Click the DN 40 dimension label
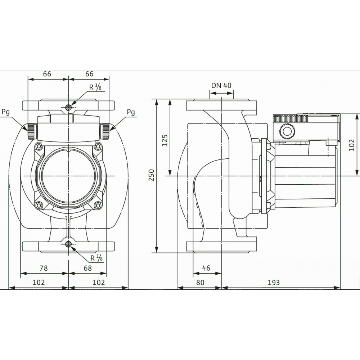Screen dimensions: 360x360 (221, 86)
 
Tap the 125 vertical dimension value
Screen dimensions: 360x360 (165, 140)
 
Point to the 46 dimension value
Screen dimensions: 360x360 (206, 268)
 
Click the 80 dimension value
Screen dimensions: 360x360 (200, 283)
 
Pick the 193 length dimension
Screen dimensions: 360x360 (274, 283)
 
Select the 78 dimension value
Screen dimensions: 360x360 (43, 268)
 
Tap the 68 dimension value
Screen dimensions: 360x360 (87, 268)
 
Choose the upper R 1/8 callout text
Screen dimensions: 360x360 (96, 87)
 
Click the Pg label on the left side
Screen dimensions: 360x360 (6, 112)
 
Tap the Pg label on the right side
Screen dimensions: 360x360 (131, 112)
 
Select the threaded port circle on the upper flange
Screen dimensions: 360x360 (68, 107)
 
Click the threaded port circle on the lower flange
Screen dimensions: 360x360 (68, 245)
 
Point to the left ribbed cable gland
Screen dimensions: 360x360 (32, 131)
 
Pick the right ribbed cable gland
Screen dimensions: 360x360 (105, 131)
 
